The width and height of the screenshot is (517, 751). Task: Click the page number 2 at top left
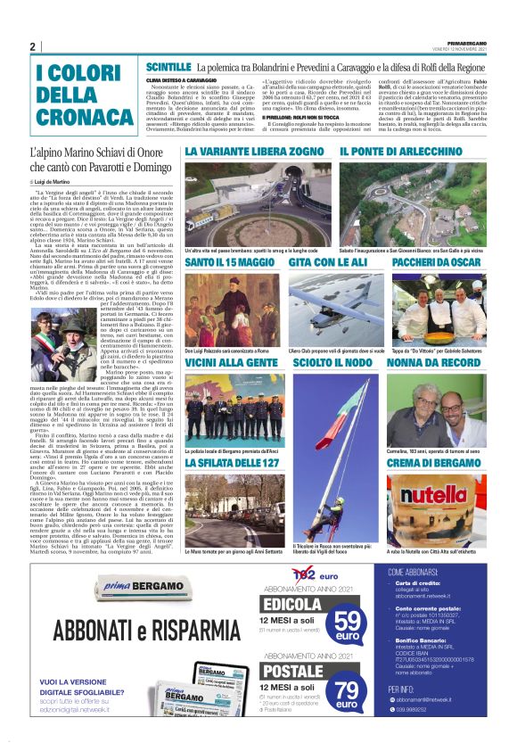click(x=32, y=46)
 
